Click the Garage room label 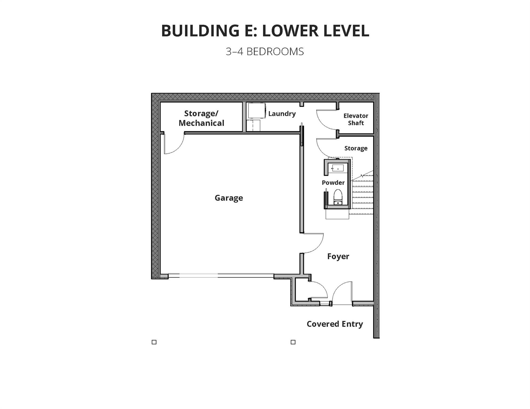click(x=229, y=198)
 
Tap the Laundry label click(x=282, y=114)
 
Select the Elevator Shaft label click(x=356, y=119)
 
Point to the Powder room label click(x=333, y=183)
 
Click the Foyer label click(x=338, y=256)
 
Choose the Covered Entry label click(x=335, y=324)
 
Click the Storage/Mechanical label click(x=201, y=118)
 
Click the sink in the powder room click(x=338, y=168)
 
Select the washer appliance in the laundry click(x=257, y=111)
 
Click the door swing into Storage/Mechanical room click(x=174, y=144)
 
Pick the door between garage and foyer click(x=314, y=243)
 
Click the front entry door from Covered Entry click(x=342, y=293)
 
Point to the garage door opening click(x=221, y=276)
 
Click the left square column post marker click(x=154, y=342)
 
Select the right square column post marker click(x=293, y=342)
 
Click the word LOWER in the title click(x=290, y=30)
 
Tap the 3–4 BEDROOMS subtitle click(x=265, y=52)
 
